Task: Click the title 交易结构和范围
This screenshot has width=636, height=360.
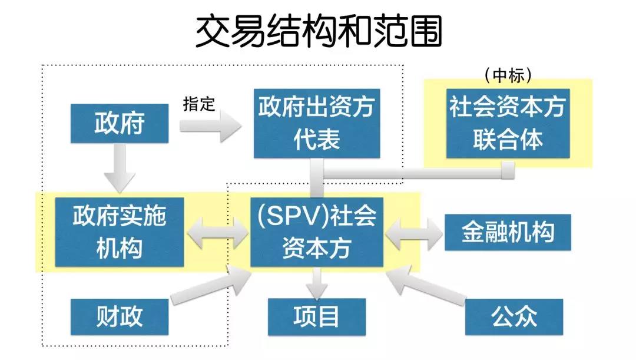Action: [318, 31]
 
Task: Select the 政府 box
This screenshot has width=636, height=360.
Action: [120, 124]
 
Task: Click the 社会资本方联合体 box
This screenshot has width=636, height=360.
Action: [508, 124]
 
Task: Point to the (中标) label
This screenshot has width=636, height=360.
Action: [508, 74]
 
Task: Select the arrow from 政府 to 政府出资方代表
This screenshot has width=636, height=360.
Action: [211, 125]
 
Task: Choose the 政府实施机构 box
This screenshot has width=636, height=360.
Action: [120, 232]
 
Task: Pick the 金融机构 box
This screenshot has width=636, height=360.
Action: [508, 232]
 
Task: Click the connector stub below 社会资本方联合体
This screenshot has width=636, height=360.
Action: [508, 170]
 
